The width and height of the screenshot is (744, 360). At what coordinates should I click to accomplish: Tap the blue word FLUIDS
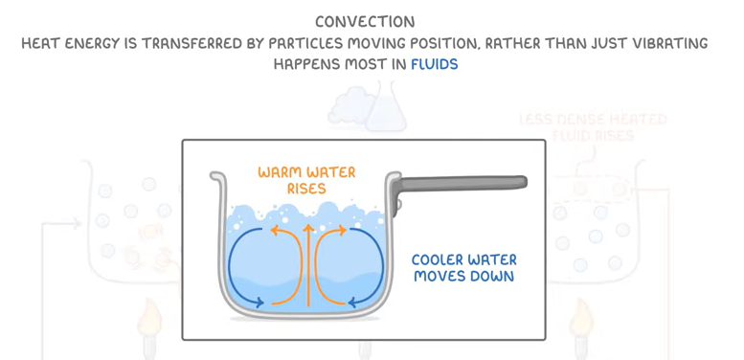pyautogui.click(x=434, y=64)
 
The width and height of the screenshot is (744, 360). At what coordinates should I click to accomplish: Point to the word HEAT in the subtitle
pyautogui.click(x=44, y=43)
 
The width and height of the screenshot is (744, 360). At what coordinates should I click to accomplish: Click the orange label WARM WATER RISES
pyautogui.click(x=306, y=180)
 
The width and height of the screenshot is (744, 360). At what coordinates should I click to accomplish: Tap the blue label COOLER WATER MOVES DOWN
pyautogui.click(x=463, y=268)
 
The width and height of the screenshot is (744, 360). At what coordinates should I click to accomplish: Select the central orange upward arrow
pyautogui.click(x=307, y=263)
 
